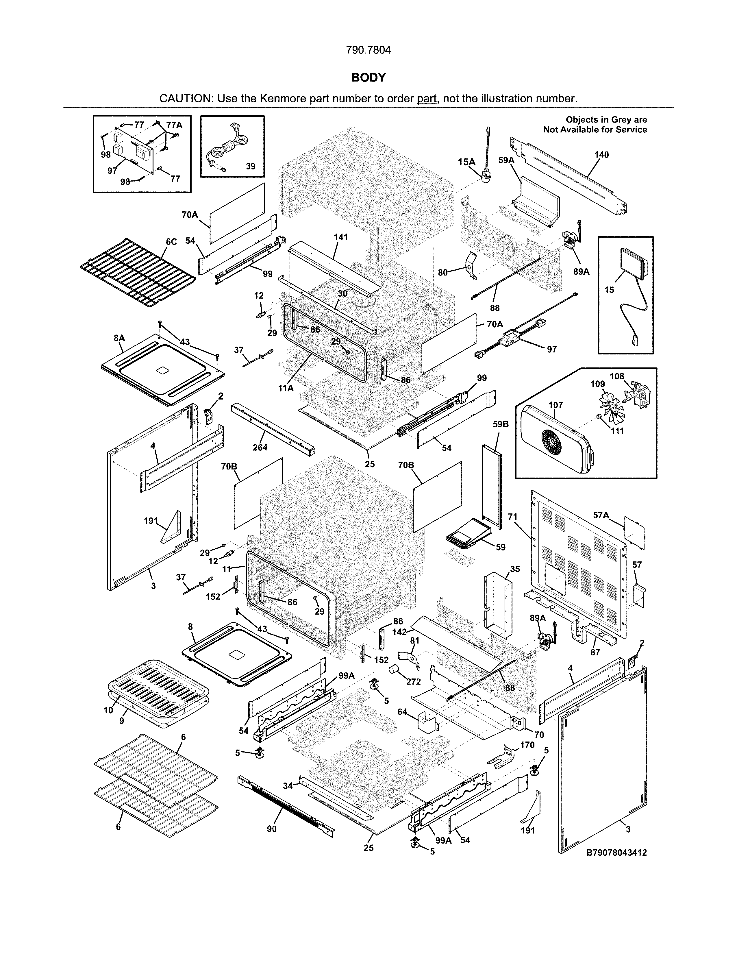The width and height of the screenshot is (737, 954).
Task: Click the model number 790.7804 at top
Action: tap(368, 50)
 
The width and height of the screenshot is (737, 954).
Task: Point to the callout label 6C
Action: tap(171, 242)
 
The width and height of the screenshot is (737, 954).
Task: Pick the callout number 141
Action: tap(340, 237)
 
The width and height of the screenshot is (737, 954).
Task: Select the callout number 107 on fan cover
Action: tap(555, 405)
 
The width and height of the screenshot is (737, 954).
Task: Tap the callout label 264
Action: tap(260, 447)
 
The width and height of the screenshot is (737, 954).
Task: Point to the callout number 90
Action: tap(272, 829)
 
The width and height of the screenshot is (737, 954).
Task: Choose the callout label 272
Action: tap(413, 681)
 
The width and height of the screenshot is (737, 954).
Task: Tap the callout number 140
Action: tap(601, 155)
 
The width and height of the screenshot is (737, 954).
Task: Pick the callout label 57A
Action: tap(601, 515)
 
